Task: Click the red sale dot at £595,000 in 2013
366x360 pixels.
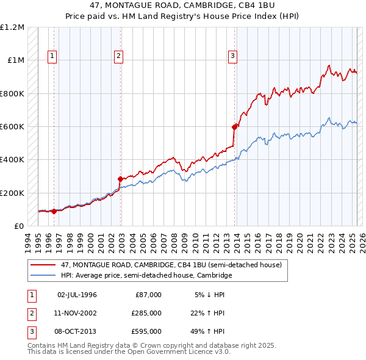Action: [x=234, y=128]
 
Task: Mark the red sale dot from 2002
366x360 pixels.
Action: [x=120, y=179]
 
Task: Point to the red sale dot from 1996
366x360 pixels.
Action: [x=54, y=212]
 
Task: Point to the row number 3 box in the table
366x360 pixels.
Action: [x=31, y=331]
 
